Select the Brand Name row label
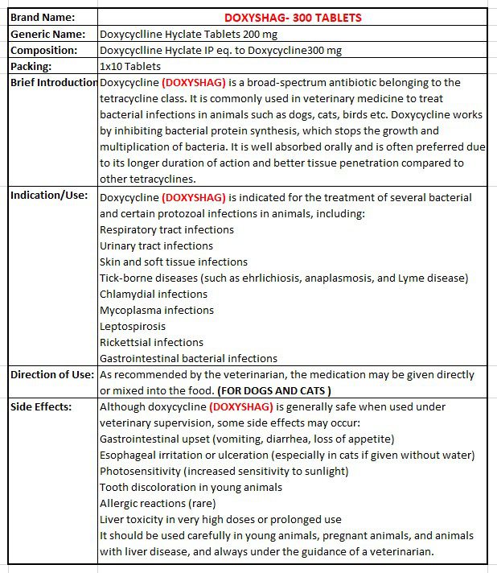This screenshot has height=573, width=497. click(x=43, y=17)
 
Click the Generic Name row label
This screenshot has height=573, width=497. click(x=47, y=34)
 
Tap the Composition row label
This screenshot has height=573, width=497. click(x=44, y=50)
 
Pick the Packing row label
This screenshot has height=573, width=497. click(x=31, y=66)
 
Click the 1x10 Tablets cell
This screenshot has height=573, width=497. click(x=130, y=66)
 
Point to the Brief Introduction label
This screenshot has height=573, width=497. click(x=54, y=82)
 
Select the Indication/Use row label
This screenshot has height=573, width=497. click(x=48, y=196)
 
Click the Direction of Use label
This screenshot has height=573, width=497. click(x=52, y=374)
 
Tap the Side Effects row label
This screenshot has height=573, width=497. click(x=41, y=406)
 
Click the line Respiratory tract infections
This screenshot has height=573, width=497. click(x=166, y=229)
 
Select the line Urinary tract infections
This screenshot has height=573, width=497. click(x=156, y=245)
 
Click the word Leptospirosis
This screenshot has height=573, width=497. click(x=133, y=326)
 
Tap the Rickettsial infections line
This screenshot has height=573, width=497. click(x=152, y=342)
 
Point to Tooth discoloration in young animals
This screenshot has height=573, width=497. click(x=191, y=487)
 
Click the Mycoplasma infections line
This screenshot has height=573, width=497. click(x=157, y=310)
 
